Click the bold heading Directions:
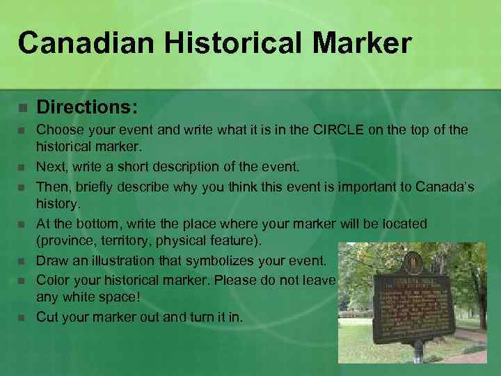pos(87,108)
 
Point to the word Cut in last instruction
pos(47,317)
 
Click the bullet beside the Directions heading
pos(22,109)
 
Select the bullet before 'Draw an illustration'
pos(22,262)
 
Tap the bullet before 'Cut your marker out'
pos(22,318)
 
